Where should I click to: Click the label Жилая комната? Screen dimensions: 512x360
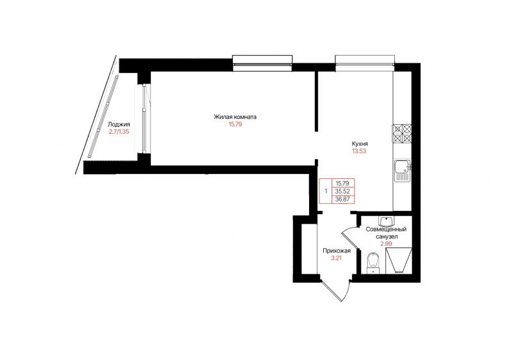click(235, 117)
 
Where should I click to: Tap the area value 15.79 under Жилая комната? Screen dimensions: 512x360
click(235, 124)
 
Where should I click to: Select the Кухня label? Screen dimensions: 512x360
click(360, 144)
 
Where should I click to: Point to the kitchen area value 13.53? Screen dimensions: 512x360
click(359, 151)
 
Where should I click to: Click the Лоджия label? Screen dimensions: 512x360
click(119, 124)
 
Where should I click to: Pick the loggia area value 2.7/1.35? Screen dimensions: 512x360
click(119, 132)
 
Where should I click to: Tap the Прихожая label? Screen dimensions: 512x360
click(337, 251)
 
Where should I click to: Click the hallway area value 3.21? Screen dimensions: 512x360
click(337, 258)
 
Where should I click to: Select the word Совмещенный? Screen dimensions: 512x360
click(386, 230)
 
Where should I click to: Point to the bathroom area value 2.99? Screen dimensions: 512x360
click(386, 244)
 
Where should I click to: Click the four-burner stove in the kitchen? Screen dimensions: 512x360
click(403, 134)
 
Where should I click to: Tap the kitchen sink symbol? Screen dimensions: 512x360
click(403, 171)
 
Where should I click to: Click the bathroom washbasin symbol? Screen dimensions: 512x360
click(387, 221)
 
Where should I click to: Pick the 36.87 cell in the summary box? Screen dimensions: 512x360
click(343, 199)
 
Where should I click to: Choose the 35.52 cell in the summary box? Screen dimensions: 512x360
click(343, 191)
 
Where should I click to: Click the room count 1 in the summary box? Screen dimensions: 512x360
click(326, 191)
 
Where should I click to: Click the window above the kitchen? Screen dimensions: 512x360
click(365, 63)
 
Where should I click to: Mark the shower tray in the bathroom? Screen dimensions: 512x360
click(399, 260)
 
